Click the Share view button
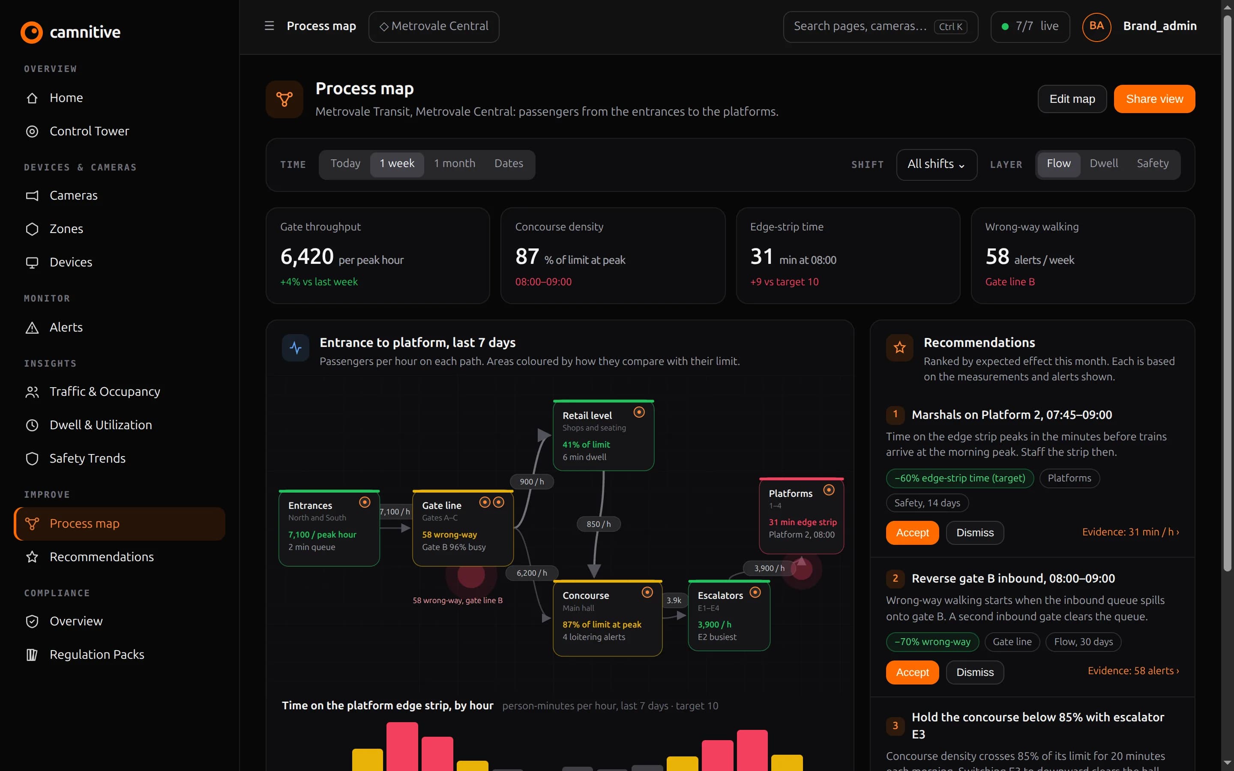(x=1154, y=99)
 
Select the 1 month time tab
(x=454, y=164)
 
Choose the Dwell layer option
(x=1103, y=164)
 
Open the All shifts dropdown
(x=936, y=164)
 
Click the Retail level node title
(x=587, y=415)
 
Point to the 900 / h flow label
(x=531, y=481)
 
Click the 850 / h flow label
(x=598, y=524)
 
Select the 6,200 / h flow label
(x=531, y=573)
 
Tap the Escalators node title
(x=720, y=595)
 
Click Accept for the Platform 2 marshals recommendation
(x=912, y=532)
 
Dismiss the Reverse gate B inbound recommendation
(x=974, y=672)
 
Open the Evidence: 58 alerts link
(x=1133, y=670)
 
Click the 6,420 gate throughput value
(x=307, y=257)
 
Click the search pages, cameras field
(x=880, y=27)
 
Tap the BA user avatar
(x=1096, y=27)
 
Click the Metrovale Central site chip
(x=434, y=27)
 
